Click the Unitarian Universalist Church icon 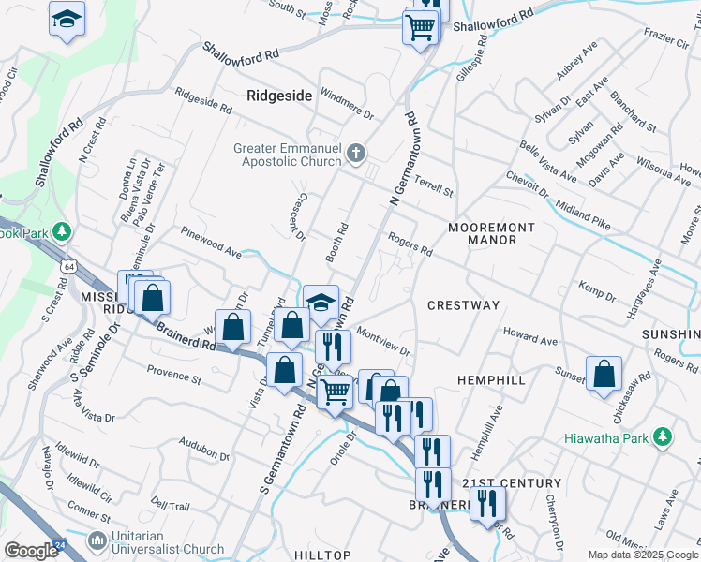coord(97,541)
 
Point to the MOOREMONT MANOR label coord(491,233)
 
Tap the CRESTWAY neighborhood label coord(463,305)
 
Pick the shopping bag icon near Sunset coord(604,374)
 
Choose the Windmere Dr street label coord(347,103)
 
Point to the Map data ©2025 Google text coord(642,555)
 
